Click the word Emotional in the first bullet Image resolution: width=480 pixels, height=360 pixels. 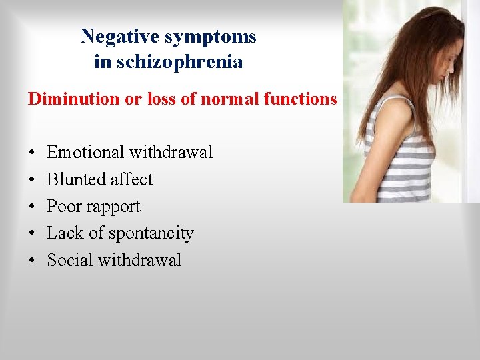[x=85, y=153]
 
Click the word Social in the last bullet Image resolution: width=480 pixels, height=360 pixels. [x=69, y=260]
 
